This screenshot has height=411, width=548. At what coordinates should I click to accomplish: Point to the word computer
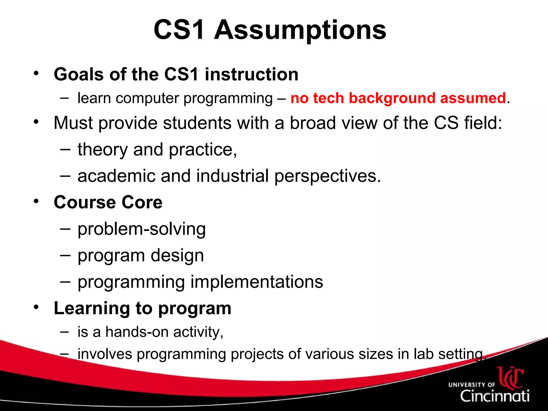(x=147, y=98)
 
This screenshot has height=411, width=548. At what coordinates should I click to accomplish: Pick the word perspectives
(x=327, y=176)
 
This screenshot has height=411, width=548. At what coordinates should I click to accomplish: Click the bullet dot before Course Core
(x=36, y=201)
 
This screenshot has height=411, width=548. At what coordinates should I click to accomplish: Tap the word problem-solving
(x=142, y=229)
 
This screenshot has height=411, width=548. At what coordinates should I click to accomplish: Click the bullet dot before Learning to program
(x=36, y=307)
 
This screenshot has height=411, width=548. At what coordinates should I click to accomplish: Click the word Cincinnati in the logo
(x=494, y=396)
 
